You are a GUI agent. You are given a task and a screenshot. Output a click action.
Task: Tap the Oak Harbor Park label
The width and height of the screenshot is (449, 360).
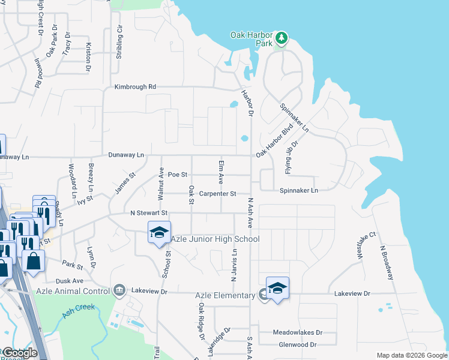point(252,39)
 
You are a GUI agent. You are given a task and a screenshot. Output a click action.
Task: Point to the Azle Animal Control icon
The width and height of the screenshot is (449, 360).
point(119,291)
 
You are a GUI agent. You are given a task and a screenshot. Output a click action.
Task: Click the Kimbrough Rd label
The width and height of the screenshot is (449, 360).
point(135,87)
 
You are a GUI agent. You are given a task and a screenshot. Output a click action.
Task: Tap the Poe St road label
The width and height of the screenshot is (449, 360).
point(178,175)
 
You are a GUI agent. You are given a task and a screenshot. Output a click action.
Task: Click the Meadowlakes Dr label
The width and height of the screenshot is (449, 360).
point(298,332)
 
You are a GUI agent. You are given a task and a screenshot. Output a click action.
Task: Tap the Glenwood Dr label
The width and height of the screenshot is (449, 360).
point(298,345)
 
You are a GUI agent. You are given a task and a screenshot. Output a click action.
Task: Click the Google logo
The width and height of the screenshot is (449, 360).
point(19,353)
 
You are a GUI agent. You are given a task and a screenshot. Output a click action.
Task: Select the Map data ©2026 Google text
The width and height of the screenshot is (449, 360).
point(411,355)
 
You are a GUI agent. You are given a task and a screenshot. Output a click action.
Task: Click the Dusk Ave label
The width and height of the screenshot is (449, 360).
point(70,281)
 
